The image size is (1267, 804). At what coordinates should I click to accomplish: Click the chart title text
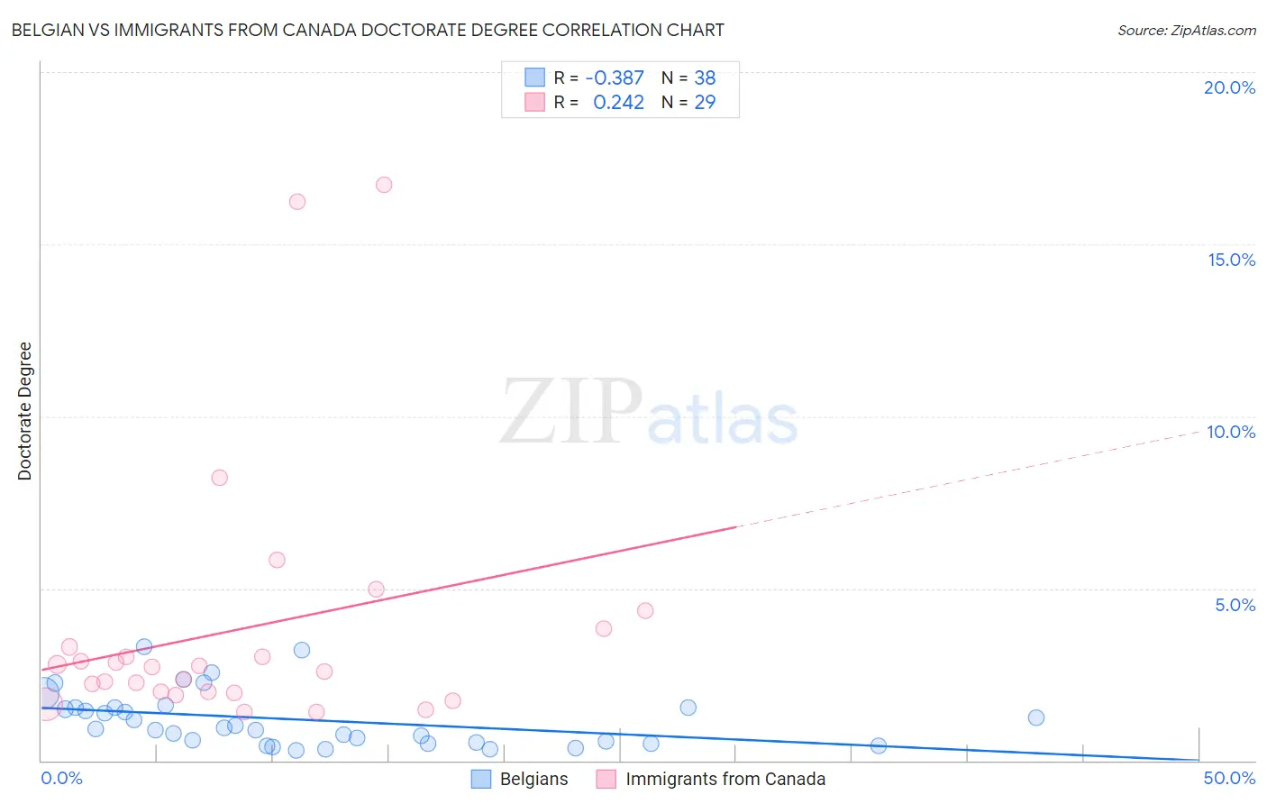(368, 30)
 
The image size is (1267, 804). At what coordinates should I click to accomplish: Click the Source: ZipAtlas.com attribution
(1186, 30)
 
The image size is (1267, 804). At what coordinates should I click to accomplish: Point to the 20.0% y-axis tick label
(1229, 87)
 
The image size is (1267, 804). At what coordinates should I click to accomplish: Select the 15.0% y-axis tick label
(1231, 260)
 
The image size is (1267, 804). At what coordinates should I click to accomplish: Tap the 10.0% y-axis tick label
(1231, 432)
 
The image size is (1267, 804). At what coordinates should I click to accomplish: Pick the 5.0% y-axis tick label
(1235, 605)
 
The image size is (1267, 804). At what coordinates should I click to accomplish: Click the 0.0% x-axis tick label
(61, 778)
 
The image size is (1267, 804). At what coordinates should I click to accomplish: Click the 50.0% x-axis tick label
(1229, 778)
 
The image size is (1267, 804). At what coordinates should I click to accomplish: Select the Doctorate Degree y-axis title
(25, 411)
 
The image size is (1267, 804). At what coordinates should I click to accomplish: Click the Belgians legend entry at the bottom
(520, 779)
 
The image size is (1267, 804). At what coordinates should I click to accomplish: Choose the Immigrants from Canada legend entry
(711, 779)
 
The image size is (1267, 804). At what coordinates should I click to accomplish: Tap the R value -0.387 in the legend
(615, 78)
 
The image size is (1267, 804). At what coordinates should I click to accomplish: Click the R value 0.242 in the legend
(618, 103)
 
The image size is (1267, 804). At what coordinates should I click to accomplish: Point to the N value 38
(705, 78)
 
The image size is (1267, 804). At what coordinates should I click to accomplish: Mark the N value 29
(705, 103)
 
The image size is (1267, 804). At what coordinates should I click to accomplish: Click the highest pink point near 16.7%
(384, 185)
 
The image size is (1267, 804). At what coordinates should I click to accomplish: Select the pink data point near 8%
(220, 478)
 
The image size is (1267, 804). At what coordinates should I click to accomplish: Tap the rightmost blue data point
(1036, 717)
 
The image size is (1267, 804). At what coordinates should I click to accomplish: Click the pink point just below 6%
(278, 560)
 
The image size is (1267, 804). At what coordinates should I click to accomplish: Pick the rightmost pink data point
(645, 610)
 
